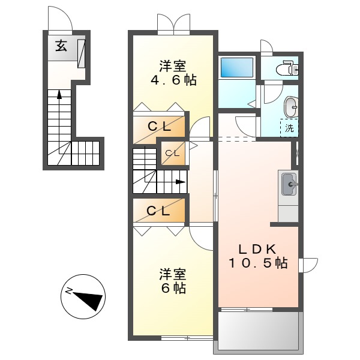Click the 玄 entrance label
pyautogui.click(x=62, y=46)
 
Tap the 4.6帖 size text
pyautogui.click(x=173, y=80)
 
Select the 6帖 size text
pyautogui.click(x=173, y=288)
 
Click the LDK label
pyautogui.click(x=257, y=249)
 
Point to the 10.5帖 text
pyautogui.click(x=257, y=263)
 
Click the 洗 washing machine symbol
pyautogui.click(x=290, y=128)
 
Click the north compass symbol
pyautogui.click(x=83, y=296)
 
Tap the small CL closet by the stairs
pyautogui.click(x=172, y=153)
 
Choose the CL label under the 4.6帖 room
pyautogui.click(x=160, y=127)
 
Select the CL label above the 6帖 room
pyautogui.click(x=158, y=211)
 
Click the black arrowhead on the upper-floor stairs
pyautogui.click(x=180, y=182)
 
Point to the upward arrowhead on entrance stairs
pyautogui.click(x=59, y=93)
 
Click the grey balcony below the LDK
pyautogui.click(x=258, y=331)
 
